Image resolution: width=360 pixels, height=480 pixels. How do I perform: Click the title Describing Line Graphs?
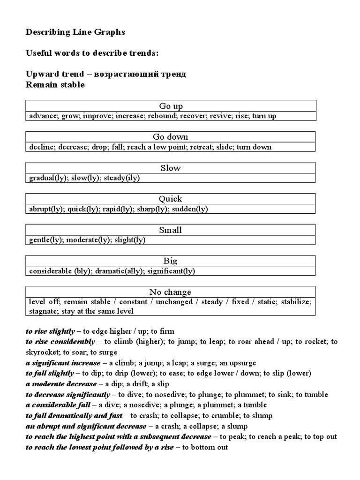pos(75,32)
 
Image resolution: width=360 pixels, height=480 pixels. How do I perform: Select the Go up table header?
pos(171,105)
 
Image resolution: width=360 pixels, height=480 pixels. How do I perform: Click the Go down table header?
pos(171,136)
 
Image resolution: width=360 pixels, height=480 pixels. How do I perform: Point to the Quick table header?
pos(171,199)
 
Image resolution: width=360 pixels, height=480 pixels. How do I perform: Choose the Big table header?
pos(171,261)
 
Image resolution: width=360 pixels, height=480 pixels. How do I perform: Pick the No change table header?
pos(171,292)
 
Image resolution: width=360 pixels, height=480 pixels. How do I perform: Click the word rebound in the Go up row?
pos(162,116)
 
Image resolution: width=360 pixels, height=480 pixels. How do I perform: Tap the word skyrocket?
pos(42,352)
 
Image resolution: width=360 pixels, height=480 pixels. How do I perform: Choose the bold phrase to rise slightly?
pos(50,331)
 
